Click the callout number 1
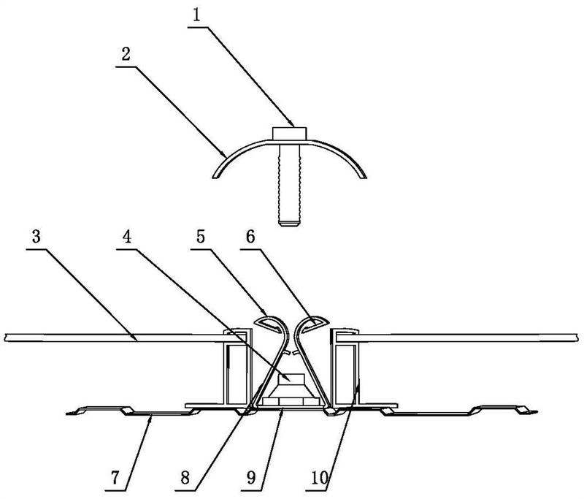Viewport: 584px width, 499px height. coord(196,15)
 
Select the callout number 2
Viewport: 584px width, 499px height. coord(126,54)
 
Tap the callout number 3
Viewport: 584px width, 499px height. coord(36,237)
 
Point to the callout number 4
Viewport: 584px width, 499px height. coord(127,237)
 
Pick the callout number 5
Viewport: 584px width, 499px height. coord(201,237)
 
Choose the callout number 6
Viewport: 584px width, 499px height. coord(250,237)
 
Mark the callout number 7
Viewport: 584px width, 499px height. coord(115,477)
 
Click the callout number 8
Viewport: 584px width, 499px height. coord(185,477)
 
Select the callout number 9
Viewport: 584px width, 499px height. coord(251,477)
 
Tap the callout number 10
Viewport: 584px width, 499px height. coord(319,477)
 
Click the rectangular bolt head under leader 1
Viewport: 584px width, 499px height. coord(289,134)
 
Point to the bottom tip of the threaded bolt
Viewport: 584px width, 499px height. coord(289,225)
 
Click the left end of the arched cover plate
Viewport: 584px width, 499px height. coord(215,177)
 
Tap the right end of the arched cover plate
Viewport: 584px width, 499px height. coord(364,177)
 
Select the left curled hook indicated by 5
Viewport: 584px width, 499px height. coord(271,321)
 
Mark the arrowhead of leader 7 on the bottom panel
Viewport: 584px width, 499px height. coord(151,417)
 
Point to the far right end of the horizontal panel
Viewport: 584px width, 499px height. coord(577,338)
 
